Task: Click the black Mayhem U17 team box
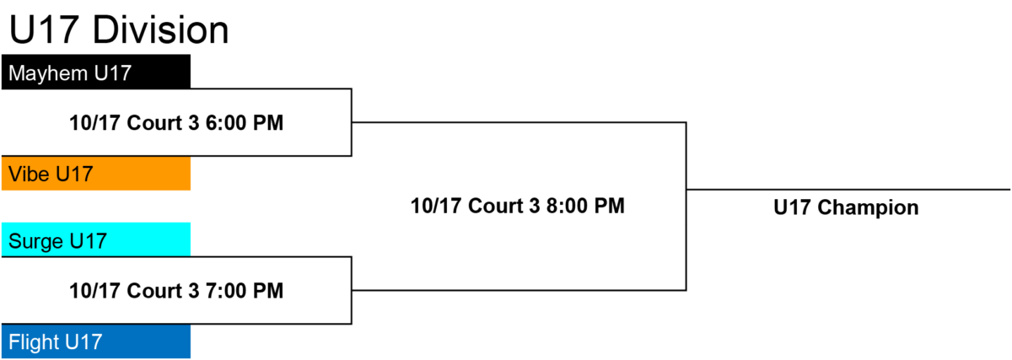[x=96, y=72]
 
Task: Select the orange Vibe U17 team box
[x=96, y=174]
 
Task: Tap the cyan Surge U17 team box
[x=96, y=239]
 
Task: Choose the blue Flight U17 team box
[x=96, y=341]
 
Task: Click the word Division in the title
[x=161, y=30]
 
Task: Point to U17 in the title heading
[x=44, y=30]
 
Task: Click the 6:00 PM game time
[x=245, y=123]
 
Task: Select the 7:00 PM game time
[x=245, y=290]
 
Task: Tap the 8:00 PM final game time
[x=585, y=206]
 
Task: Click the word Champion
[x=868, y=207]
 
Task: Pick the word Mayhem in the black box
[x=48, y=73]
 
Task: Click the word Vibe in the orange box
[x=30, y=174]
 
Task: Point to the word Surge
[x=36, y=241]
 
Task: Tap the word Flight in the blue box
[x=34, y=342]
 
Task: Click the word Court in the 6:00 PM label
[x=154, y=123]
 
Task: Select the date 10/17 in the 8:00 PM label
[x=437, y=206]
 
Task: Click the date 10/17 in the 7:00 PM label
[x=94, y=290]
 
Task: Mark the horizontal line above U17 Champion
[x=848, y=189]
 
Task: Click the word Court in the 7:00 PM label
[x=154, y=290]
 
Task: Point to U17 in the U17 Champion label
[x=793, y=207]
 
